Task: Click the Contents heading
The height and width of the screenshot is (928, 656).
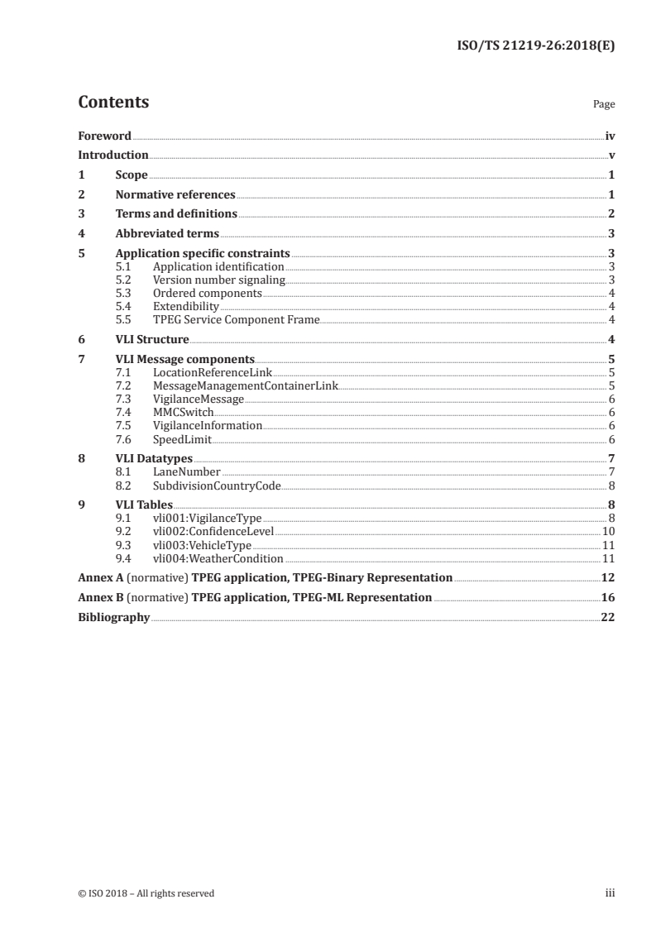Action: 113,103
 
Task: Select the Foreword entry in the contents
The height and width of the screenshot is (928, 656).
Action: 104,136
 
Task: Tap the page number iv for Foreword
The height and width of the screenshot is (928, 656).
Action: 610,136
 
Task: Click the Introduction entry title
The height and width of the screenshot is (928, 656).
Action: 113,155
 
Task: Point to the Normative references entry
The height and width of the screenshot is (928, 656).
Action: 175,195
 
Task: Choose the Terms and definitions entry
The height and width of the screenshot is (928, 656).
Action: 176,214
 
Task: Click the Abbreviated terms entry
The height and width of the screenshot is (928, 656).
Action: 167,234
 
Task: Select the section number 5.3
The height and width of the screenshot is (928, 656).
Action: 123,294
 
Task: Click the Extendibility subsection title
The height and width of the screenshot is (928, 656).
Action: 185,307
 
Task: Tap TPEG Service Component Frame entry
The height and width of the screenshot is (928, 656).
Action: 236,320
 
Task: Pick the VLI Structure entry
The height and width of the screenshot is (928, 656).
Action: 152,340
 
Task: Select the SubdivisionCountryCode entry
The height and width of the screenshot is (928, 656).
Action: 217,486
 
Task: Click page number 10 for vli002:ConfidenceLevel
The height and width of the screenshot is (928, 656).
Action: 608,532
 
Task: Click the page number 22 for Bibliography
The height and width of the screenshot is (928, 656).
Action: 607,617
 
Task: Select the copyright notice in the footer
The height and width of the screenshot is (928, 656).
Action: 146,893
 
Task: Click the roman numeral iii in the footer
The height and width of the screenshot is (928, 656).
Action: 610,893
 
